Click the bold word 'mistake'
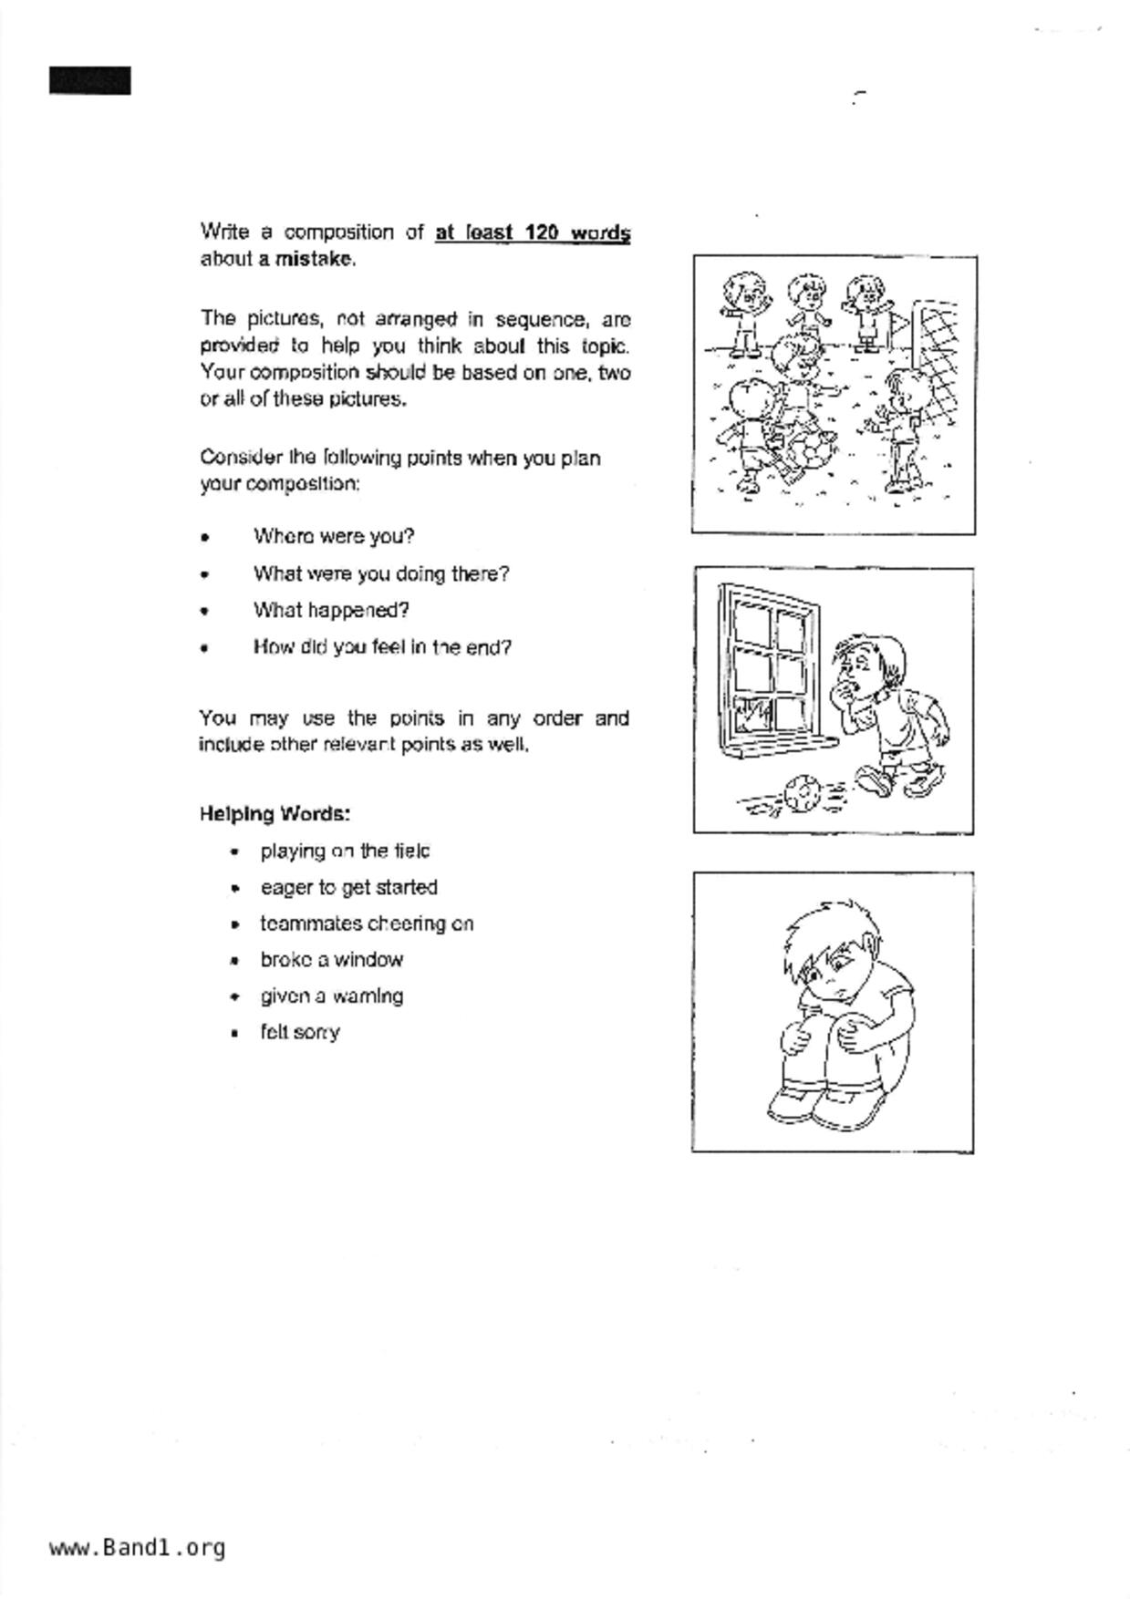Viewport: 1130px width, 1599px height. click(x=314, y=259)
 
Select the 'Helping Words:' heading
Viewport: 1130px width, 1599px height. click(x=275, y=813)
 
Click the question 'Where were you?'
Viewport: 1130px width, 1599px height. click(x=334, y=536)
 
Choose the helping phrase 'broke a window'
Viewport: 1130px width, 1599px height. click(x=331, y=959)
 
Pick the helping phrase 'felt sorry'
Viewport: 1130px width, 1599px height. click(x=300, y=1032)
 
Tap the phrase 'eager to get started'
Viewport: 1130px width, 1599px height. click(x=348, y=887)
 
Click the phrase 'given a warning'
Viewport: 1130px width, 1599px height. click(x=331, y=996)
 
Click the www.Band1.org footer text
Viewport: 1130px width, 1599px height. click(x=137, y=1547)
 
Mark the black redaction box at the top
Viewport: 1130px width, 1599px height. click(x=89, y=80)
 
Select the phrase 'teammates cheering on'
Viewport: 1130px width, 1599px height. click(x=367, y=923)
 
